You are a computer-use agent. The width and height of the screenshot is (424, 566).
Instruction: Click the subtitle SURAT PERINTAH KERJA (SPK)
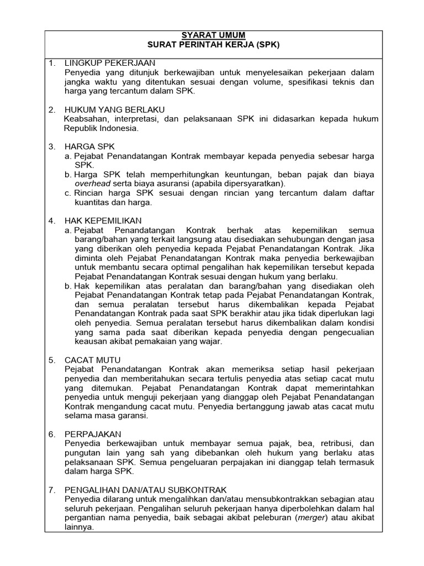[213, 45]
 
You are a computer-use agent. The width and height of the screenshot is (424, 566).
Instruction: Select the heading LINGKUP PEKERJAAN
[110, 63]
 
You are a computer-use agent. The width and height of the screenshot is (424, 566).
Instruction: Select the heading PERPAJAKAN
[93, 434]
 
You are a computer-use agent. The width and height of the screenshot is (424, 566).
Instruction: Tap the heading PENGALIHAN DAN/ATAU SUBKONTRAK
[145, 490]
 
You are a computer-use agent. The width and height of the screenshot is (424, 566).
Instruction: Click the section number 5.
[52, 360]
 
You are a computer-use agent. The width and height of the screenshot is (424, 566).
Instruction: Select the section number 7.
[52, 490]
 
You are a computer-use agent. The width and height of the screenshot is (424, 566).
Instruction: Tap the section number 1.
[52, 63]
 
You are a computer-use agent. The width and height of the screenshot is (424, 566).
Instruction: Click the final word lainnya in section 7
[79, 527]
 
